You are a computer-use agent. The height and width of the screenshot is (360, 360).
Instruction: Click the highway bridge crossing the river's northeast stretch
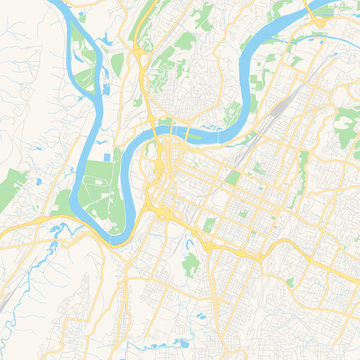coord(318,18)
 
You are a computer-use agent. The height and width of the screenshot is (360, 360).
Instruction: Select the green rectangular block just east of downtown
coord(233,177)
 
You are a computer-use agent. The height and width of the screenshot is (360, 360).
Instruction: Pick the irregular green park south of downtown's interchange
coord(190,262)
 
